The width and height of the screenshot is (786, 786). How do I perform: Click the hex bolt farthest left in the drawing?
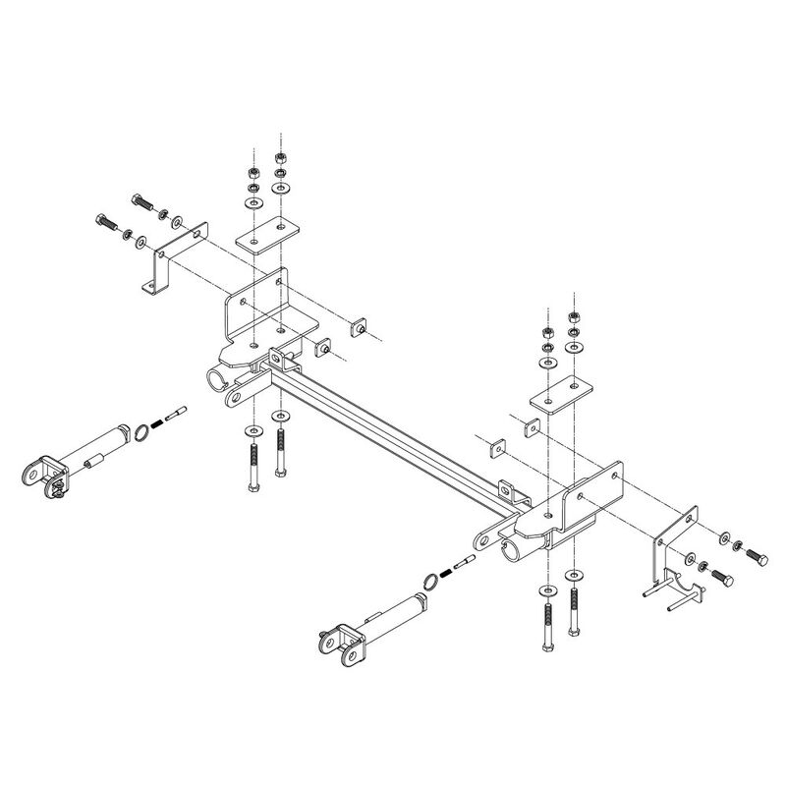click(105, 222)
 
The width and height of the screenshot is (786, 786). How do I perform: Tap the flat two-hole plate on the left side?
click(267, 240)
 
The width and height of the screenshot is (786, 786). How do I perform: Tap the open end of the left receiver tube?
click(217, 378)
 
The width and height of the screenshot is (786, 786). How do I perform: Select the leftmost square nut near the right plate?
click(494, 447)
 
